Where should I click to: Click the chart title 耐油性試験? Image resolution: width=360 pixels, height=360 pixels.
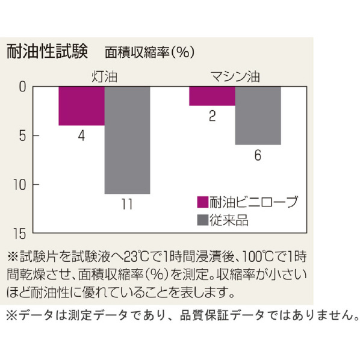click(x=47, y=51)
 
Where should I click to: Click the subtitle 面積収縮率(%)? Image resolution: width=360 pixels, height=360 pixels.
click(x=150, y=52)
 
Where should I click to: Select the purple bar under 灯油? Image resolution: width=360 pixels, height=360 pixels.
click(x=81, y=106)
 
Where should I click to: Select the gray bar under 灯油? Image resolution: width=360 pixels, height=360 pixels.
click(x=128, y=140)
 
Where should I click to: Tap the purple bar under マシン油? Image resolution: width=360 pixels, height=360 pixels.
click(x=212, y=96)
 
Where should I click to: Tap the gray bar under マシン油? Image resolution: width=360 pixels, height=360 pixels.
click(x=258, y=116)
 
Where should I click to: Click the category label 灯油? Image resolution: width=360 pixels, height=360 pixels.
click(x=105, y=76)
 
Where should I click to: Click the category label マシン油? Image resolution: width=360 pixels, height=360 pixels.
click(x=235, y=76)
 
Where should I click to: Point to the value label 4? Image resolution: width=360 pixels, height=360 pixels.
click(x=81, y=135)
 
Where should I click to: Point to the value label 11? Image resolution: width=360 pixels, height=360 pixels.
click(x=127, y=204)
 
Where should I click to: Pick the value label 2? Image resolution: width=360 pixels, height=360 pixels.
click(x=213, y=116)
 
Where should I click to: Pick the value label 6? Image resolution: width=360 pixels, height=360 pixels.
click(x=258, y=155)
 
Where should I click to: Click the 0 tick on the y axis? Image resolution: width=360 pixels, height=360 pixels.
click(x=22, y=87)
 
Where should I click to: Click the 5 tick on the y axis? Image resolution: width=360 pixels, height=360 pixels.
click(x=22, y=135)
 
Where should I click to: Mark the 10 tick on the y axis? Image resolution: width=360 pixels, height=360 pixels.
click(x=20, y=184)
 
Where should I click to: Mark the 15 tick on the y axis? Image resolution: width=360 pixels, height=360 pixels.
click(x=20, y=234)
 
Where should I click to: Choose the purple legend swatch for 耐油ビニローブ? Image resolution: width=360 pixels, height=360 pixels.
click(x=202, y=202)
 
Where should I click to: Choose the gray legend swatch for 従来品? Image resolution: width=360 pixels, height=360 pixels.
click(x=202, y=220)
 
